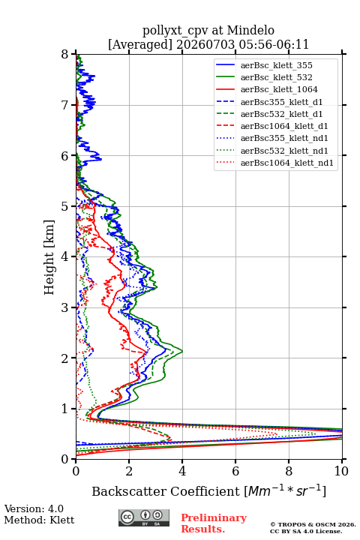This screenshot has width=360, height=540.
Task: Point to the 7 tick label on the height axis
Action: [x=65, y=105]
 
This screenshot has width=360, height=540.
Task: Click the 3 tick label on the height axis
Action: [x=65, y=307]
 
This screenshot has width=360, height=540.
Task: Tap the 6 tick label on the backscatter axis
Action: [x=235, y=471]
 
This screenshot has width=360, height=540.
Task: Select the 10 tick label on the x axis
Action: [x=341, y=471]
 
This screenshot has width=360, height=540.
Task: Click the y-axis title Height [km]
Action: [x=49, y=257]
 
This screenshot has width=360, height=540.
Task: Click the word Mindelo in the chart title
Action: [x=250, y=30]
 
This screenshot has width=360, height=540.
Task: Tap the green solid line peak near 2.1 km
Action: [x=182, y=352]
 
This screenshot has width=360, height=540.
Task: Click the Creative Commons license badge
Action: [x=144, y=517]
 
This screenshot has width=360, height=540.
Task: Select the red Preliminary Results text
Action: [x=214, y=523]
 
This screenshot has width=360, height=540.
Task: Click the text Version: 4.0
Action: [x=34, y=509]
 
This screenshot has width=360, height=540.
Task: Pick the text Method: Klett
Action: [x=39, y=520]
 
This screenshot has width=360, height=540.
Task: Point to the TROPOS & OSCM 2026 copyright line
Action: [x=313, y=524]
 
